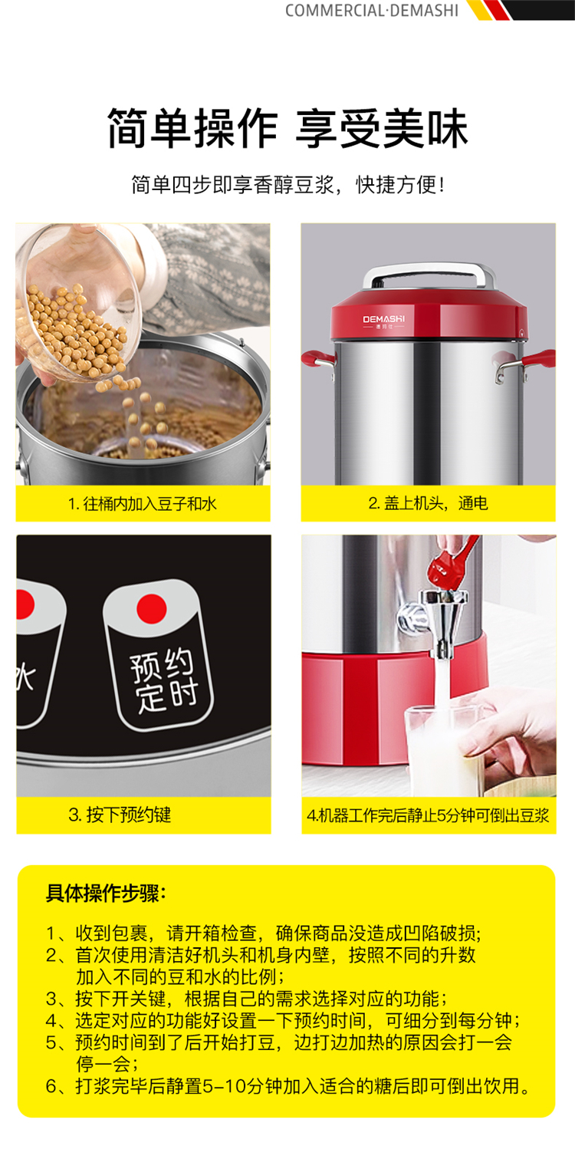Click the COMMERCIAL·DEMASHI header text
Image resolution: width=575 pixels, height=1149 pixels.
tap(371, 10)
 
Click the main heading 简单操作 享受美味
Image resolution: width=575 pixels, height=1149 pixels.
tap(287, 128)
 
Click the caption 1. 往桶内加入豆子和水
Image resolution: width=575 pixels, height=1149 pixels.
tap(142, 504)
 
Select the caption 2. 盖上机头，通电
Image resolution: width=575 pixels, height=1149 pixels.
tap(428, 503)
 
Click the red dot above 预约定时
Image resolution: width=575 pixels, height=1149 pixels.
tap(152, 609)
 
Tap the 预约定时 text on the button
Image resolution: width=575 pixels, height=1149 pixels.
tap(163, 680)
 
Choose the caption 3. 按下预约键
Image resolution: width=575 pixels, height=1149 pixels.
tap(120, 815)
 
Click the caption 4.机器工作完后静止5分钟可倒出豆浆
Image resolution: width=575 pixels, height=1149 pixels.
tap(429, 815)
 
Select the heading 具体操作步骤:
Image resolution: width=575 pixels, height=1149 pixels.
tap(106, 893)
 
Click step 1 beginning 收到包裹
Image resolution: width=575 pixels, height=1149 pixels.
tap(264, 933)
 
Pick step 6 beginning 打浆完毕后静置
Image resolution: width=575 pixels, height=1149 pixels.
tap(288, 1086)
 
